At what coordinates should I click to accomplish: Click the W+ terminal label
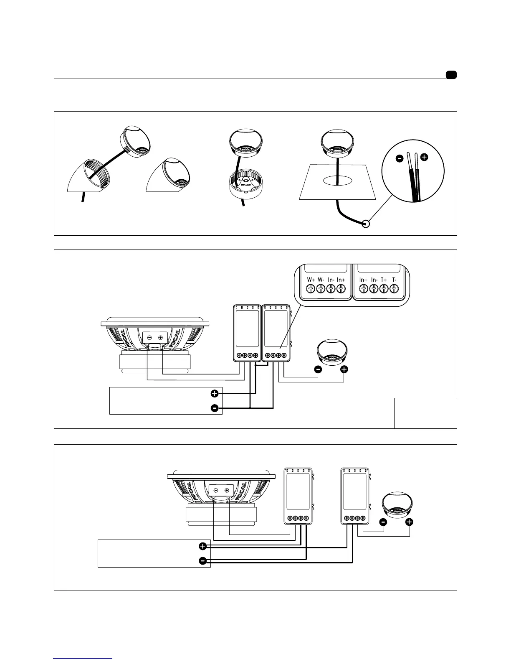[x=311, y=280]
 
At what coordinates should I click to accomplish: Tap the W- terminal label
[x=321, y=280]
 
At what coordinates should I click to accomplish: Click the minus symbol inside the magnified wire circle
[x=400, y=158]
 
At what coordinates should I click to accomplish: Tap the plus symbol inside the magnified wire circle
[x=424, y=158]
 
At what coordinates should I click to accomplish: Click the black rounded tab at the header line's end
[x=451, y=75]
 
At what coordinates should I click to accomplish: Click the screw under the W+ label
[x=311, y=288]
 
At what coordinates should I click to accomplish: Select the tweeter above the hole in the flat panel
[x=337, y=143]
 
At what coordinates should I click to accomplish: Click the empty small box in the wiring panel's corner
[x=425, y=413]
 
